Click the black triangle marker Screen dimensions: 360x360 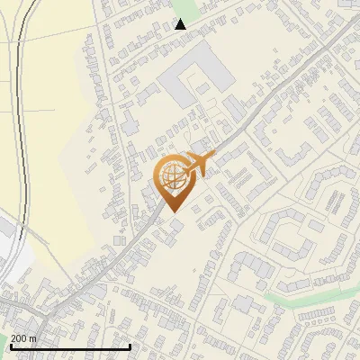click(x=181, y=24)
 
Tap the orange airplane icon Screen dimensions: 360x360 click(x=198, y=163)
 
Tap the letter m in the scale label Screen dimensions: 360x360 click(x=33, y=338)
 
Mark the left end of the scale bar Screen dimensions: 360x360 click(x=10, y=346)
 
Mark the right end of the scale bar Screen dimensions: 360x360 click(x=130, y=346)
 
